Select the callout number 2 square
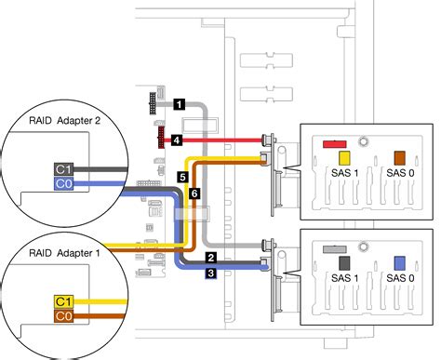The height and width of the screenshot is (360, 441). click(x=211, y=258)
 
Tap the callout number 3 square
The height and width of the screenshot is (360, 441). click(x=211, y=273)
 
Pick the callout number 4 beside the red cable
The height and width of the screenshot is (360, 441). click(x=176, y=140)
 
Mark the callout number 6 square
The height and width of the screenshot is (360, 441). click(x=194, y=193)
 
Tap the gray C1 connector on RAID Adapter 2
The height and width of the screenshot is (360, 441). click(x=62, y=169)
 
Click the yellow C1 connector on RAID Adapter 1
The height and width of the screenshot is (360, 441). click(x=62, y=301)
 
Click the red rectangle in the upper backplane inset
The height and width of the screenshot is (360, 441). click(x=334, y=144)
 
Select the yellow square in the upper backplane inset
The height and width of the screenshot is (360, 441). click(x=343, y=159)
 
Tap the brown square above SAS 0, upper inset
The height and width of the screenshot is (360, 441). click(x=400, y=158)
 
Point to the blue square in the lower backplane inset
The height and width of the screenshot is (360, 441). click(x=400, y=263)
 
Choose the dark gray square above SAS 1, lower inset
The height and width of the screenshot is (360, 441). click(x=343, y=264)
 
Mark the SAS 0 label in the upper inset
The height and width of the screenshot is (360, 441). click(x=400, y=174)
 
